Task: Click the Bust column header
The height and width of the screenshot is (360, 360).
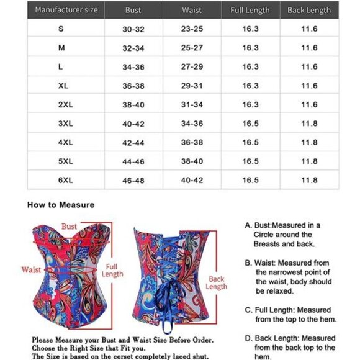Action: coord(133,11)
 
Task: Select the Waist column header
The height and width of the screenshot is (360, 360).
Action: coord(192,11)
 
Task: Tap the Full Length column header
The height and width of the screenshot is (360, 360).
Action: coord(250,11)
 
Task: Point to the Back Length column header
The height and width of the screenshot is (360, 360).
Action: coord(309,11)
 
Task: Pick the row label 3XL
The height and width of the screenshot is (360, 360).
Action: coord(65,124)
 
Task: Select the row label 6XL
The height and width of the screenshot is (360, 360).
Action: coord(65,180)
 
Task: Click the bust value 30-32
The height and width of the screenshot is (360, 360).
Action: coord(133,29)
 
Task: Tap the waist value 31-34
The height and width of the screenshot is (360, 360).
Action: coord(192,105)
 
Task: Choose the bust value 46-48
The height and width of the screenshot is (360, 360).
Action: coord(133,180)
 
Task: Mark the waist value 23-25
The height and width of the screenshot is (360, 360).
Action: coord(192,29)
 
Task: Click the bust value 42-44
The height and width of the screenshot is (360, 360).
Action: coord(133,143)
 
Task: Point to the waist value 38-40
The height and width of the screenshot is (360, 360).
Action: coord(192,161)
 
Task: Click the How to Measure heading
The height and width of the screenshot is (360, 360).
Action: coord(60,204)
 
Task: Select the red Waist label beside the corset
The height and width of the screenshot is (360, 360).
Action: coord(31,270)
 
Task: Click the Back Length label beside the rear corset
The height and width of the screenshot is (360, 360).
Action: coord(217,283)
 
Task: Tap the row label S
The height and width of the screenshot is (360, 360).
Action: coord(61,29)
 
